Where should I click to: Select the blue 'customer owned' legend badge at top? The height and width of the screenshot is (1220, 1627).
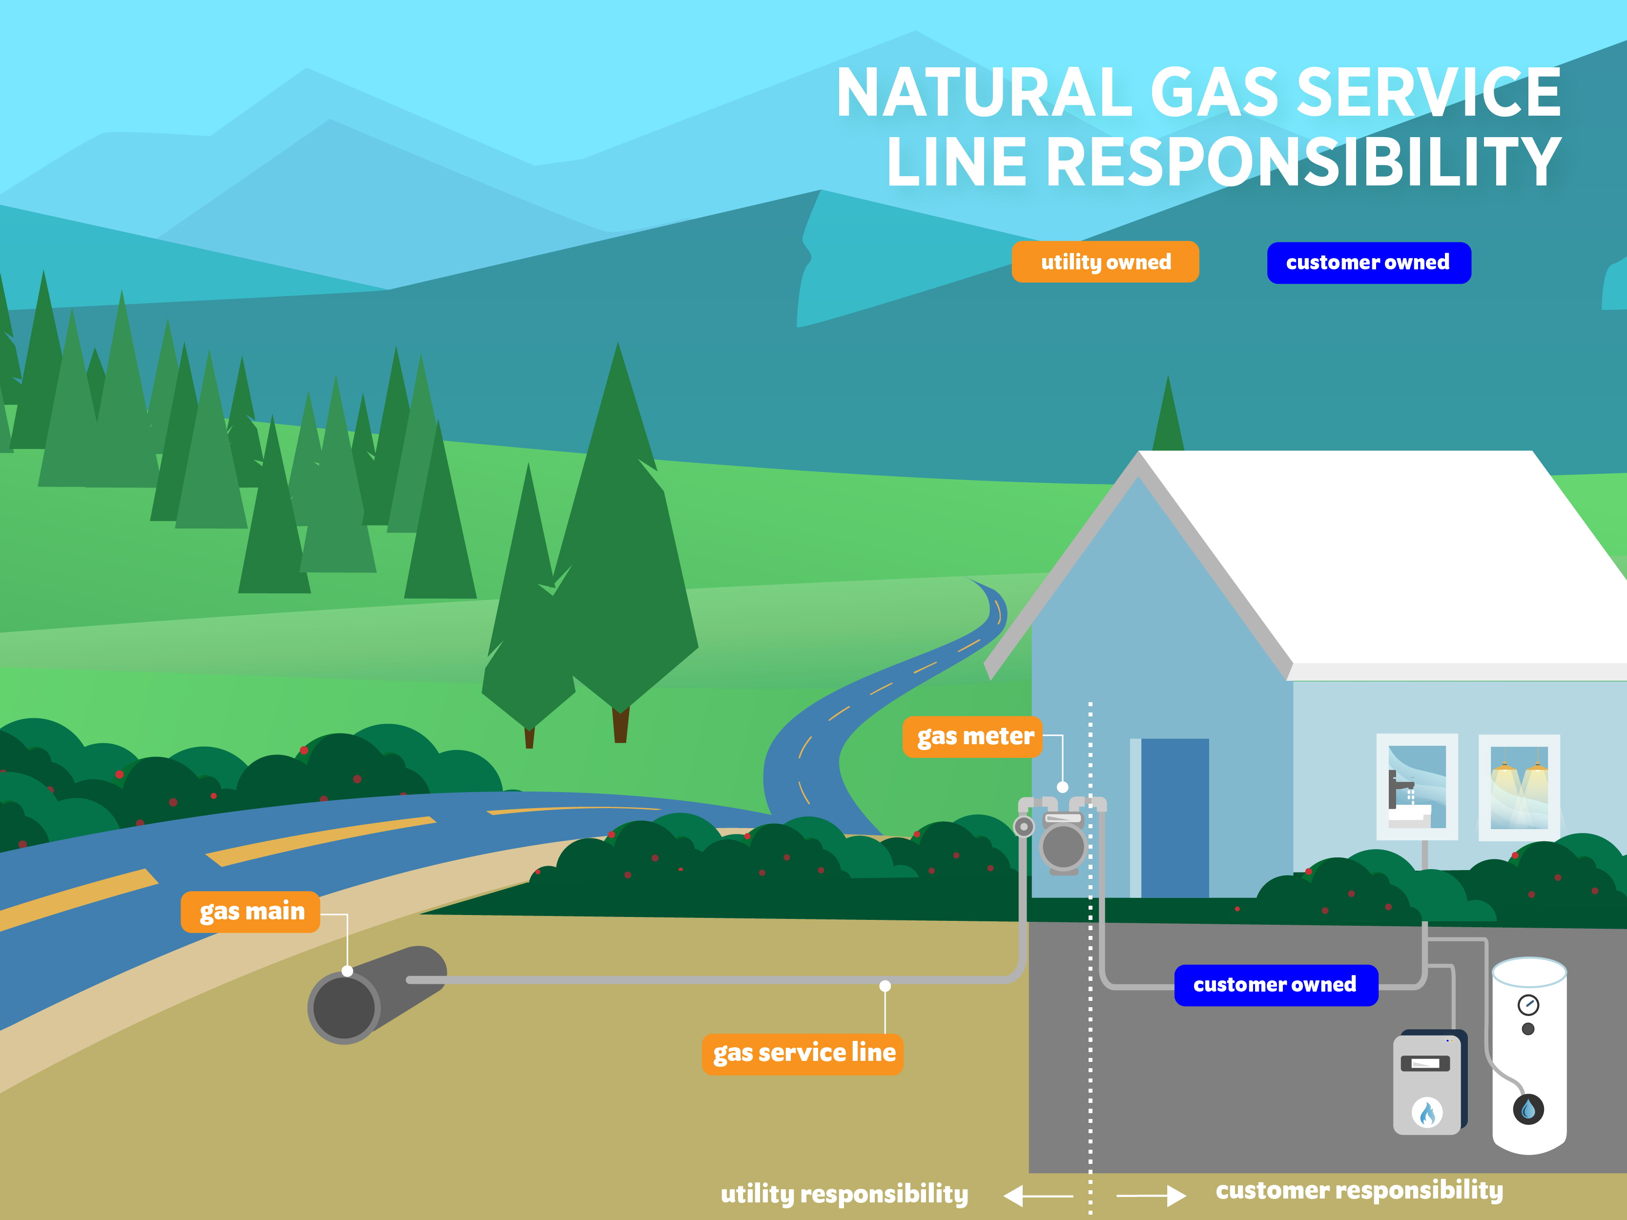point(1368,263)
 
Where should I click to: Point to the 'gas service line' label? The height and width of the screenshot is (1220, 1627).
point(803,1053)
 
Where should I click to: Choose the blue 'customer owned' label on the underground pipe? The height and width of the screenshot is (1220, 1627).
point(1276,985)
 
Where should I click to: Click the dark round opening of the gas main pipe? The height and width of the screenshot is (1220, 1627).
point(344,1007)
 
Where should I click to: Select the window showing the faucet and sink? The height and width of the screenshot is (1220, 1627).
point(1416,787)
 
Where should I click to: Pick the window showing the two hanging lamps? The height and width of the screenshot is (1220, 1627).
point(1519,787)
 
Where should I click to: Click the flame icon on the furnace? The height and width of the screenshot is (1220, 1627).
point(1427,1113)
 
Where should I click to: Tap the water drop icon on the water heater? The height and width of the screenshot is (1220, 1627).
point(1528,1108)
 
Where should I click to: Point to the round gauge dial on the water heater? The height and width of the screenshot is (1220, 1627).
point(1528,1004)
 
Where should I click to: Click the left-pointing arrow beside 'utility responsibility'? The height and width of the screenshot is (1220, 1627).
point(1037,1196)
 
